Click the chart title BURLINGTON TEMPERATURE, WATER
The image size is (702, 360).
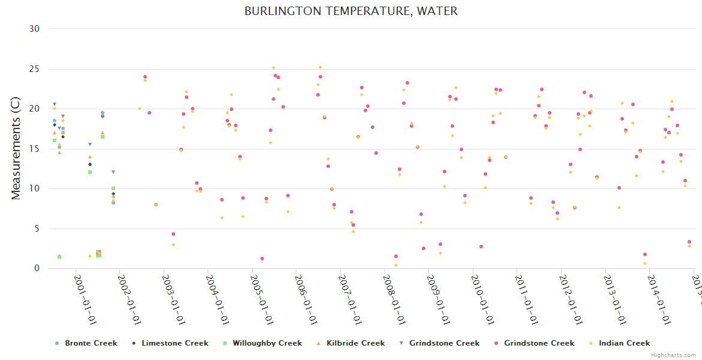(351, 11)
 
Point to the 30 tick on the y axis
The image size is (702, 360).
(35, 29)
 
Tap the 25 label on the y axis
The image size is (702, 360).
(35, 69)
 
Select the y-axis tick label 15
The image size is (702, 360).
(35, 149)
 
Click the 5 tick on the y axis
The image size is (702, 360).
(37, 229)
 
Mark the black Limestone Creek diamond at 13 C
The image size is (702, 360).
(90, 164)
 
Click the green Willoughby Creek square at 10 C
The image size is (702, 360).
(113, 188)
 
